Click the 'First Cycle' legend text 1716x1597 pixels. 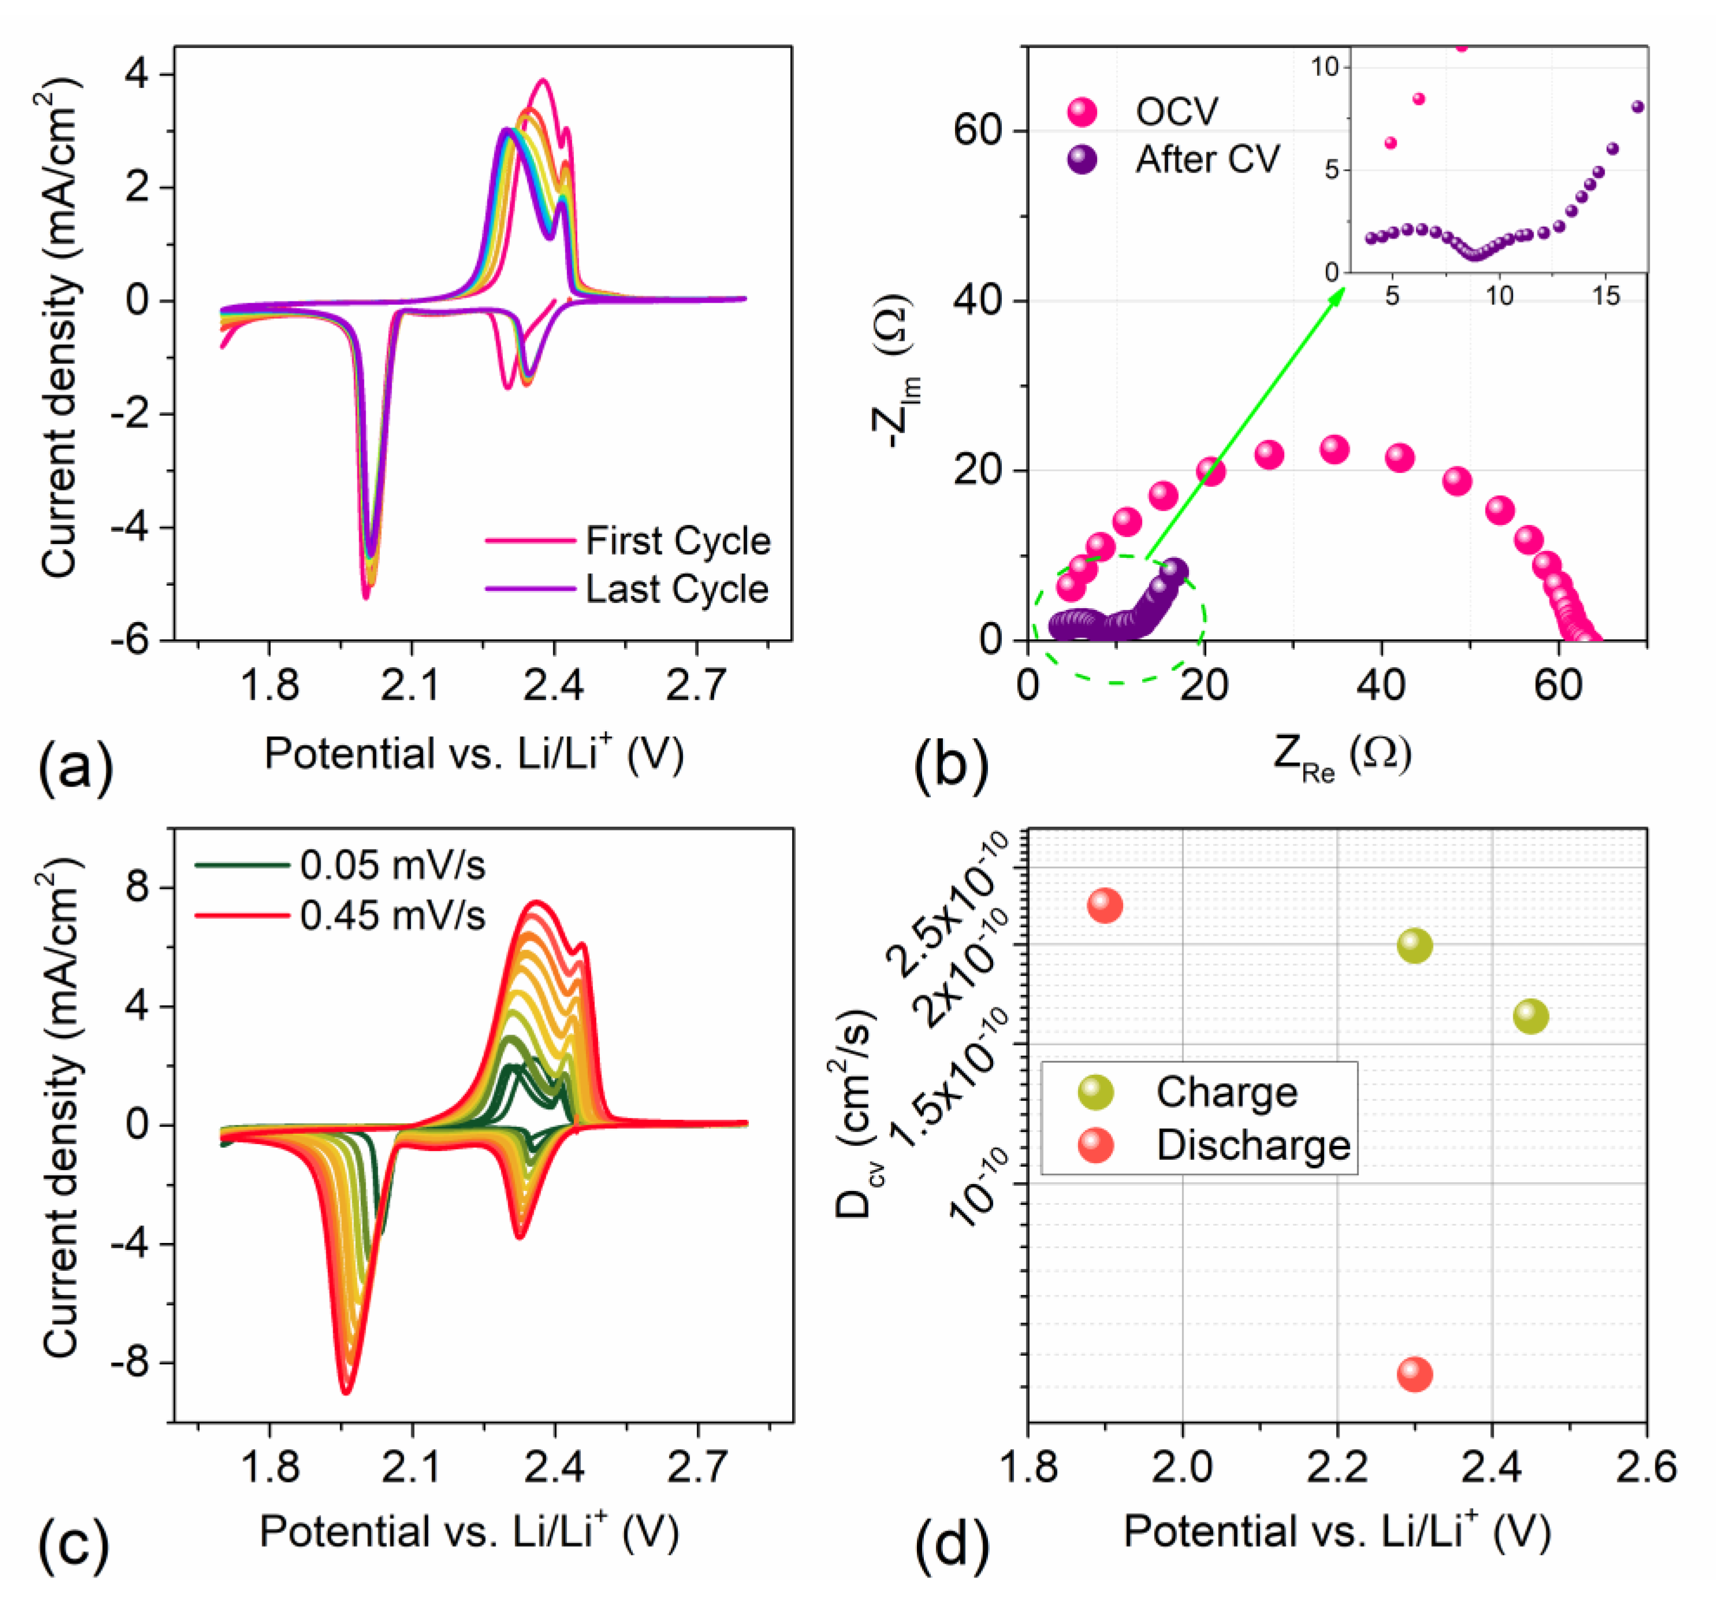coord(678,541)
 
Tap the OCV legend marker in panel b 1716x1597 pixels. coord(1081,111)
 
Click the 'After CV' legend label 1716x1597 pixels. coord(1207,159)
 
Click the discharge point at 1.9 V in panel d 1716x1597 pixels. coord(1105,906)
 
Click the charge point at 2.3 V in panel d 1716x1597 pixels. coord(1415,946)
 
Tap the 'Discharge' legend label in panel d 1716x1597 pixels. coord(1252,1145)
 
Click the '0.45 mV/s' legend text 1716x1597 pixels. coord(393,915)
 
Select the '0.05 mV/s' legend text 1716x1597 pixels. coord(393,865)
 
